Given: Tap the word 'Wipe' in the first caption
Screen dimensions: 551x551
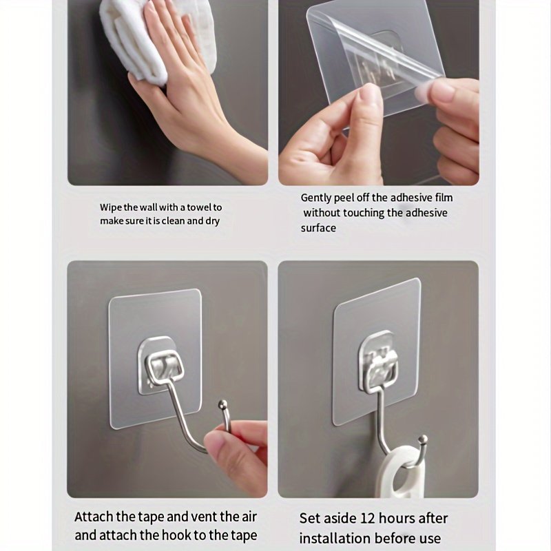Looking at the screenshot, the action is (x=111, y=208).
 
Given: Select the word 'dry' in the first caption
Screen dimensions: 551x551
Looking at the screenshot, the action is (x=212, y=221).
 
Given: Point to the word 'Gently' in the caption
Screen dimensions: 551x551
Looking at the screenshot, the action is (x=316, y=198).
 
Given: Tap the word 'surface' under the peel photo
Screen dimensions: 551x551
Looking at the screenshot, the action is (x=318, y=228).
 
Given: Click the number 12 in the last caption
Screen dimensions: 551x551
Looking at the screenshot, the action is (x=368, y=519).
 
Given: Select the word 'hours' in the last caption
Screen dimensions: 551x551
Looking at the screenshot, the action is (x=395, y=519).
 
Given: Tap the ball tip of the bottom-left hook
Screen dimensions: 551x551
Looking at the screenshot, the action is (x=222, y=405).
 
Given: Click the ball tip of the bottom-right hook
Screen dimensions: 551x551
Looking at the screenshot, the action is (x=424, y=439).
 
